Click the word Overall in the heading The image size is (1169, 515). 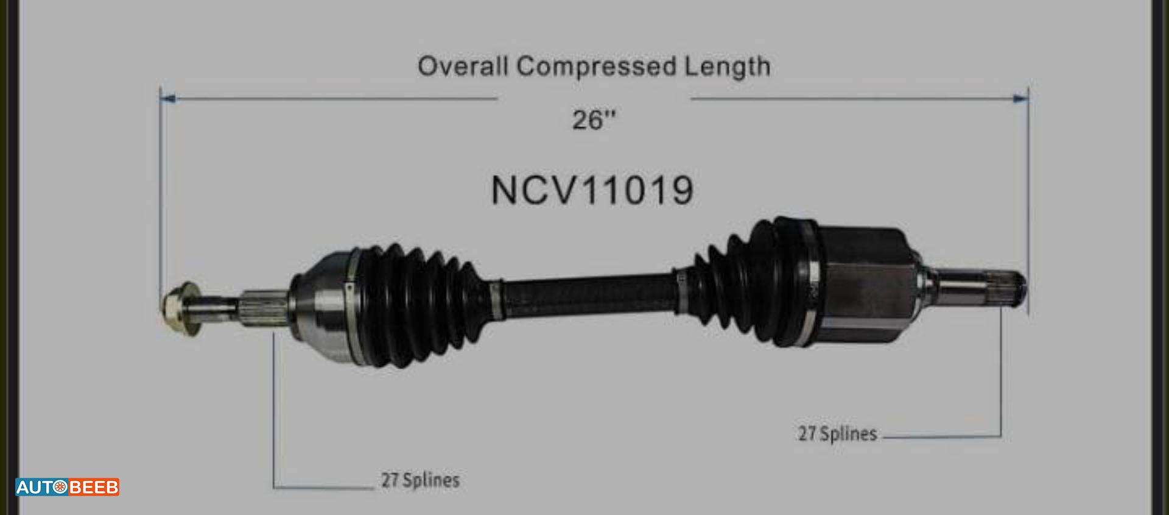462,66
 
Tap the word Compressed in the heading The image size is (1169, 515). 597,66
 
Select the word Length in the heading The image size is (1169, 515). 728,66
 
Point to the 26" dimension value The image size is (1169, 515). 594,119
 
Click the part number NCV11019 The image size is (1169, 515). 592,190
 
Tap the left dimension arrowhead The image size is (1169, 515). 168,98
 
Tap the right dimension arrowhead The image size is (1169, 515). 1020,98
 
